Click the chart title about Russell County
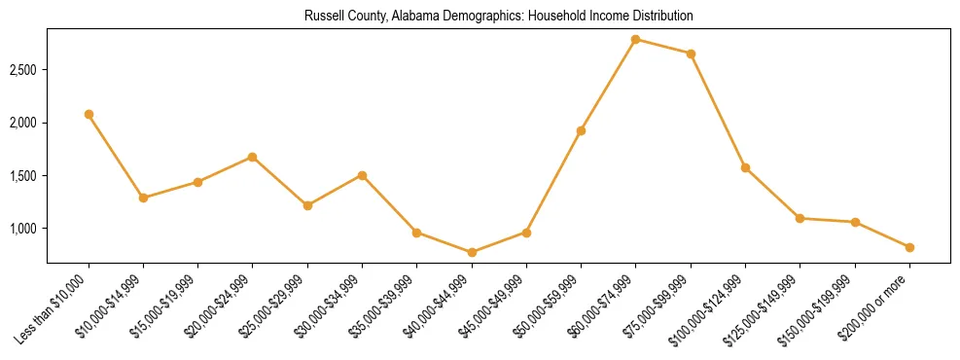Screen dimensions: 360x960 (x=498, y=17)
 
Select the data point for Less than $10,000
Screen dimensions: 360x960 (x=89, y=114)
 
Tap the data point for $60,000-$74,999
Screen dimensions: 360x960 (x=636, y=40)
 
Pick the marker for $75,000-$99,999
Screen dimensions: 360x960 (x=691, y=54)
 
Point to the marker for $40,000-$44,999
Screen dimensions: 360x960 (x=472, y=252)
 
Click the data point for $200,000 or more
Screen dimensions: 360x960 (x=909, y=247)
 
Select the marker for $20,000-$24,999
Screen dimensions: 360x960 (x=253, y=157)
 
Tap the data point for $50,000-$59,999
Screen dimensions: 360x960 (x=581, y=130)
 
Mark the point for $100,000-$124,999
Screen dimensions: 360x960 (x=745, y=167)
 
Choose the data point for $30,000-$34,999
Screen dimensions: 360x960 (x=362, y=175)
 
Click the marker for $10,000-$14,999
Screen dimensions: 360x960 (x=143, y=198)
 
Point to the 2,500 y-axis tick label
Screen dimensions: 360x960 (x=23, y=70)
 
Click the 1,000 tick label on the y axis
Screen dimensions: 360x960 (x=23, y=229)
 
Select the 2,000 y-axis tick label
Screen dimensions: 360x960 (x=23, y=123)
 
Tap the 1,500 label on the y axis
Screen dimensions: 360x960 (x=23, y=176)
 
